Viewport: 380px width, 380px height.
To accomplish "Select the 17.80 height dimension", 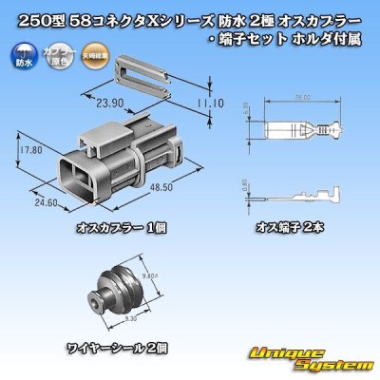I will [x=29, y=149].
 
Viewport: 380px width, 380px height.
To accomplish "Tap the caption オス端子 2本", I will [x=289, y=229].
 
